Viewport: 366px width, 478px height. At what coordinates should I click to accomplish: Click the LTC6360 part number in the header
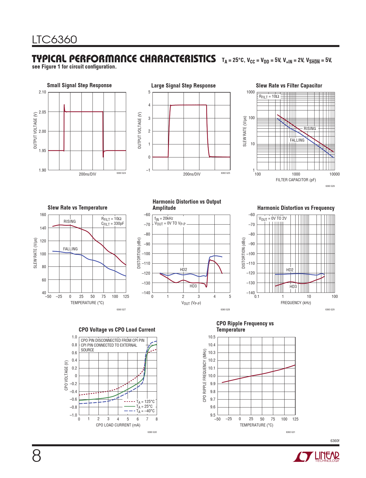pos(54,40)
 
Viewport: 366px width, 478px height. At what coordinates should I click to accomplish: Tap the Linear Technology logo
pos(316,456)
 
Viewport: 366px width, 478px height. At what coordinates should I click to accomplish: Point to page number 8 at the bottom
pos(36,456)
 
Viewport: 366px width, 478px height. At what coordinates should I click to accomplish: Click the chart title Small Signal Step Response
pos(79,85)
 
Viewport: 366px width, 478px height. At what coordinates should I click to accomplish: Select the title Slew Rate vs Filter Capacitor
pos(289,86)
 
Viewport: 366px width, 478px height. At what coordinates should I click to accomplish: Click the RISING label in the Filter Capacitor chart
pos(310,129)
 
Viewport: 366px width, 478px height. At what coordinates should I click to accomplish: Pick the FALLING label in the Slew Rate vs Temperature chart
pos(70,249)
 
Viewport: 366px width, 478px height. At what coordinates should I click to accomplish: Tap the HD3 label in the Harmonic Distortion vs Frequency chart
pos(293,287)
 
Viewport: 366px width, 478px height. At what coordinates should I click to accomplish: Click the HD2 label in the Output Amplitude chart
pos(183,270)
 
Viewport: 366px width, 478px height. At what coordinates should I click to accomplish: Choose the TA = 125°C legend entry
pos(145,402)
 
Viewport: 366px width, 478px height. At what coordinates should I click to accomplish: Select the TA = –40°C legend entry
pos(145,411)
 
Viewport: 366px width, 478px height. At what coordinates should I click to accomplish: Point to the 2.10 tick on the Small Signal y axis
pos(42,92)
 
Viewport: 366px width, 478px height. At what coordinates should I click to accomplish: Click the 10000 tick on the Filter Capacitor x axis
pos(334,174)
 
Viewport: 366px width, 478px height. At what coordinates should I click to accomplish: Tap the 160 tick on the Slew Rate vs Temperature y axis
pos(43,215)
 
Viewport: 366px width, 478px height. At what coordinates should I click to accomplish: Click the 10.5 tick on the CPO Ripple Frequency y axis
pos(212,337)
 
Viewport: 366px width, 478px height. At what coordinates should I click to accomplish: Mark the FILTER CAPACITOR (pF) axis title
pos(296,180)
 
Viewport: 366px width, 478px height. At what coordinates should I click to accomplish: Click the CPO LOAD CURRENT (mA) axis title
pos(118,425)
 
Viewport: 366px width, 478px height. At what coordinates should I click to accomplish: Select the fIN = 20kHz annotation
pos(164,218)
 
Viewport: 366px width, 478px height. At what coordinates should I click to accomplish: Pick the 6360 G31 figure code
pos(290,432)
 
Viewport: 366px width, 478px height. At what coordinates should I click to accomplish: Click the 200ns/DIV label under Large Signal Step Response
pos(191,174)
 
